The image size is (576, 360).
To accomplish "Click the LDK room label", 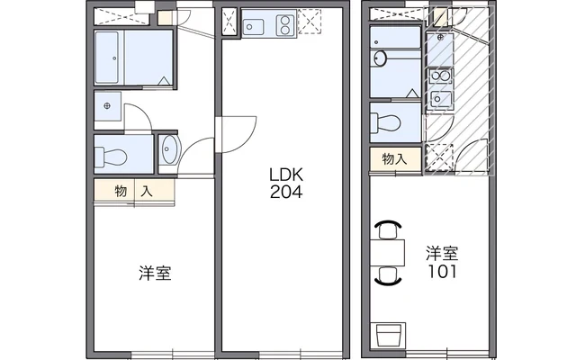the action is click(286, 175).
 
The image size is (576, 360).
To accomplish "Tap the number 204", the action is click(286, 192).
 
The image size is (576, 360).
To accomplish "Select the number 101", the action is click(442, 272).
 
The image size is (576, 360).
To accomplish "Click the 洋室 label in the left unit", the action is click(155, 273).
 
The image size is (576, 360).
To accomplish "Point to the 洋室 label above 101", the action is click(442, 254).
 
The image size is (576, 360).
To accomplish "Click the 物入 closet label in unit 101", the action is click(394, 159).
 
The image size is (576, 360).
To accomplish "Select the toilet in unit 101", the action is click(385, 122).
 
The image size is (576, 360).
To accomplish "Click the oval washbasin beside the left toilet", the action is click(169, 149).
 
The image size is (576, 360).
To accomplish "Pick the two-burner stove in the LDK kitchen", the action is click(286, 25).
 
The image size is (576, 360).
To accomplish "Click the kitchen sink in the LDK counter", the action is click(254, 27).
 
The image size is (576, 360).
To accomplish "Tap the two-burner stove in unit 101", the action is click(440, 76).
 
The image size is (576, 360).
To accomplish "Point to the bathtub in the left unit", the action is click(107, 58).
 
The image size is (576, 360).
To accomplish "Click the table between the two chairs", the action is click(388, 253).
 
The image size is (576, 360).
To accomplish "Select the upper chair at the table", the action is click(388, 229).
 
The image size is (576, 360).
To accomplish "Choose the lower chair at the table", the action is click(388, 276).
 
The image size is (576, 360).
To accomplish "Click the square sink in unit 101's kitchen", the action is click(441, 98).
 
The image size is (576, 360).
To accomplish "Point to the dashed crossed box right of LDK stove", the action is click(310, 22).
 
